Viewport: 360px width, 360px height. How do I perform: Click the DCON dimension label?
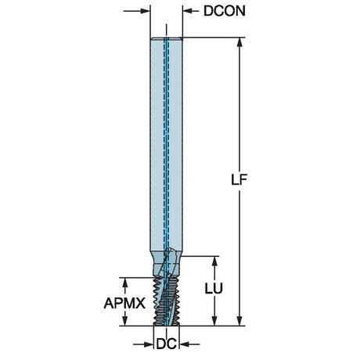click(x=225, y=11)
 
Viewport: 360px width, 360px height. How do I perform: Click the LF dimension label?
click(x=239, y=179)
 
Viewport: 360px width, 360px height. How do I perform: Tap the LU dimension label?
click(x=214, y=289)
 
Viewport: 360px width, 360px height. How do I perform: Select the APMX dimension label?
click(x=124, y=303)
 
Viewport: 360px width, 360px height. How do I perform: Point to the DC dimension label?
click(x=167, y=344)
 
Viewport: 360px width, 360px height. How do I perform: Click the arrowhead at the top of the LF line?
click(x=239, y=42)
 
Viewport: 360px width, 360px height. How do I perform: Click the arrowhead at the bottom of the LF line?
click(x=239, y=321)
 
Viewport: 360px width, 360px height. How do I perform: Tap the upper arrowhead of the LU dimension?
click(x=214, y=261)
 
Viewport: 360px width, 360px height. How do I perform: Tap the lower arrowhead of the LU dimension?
click(x=214, y=321)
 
